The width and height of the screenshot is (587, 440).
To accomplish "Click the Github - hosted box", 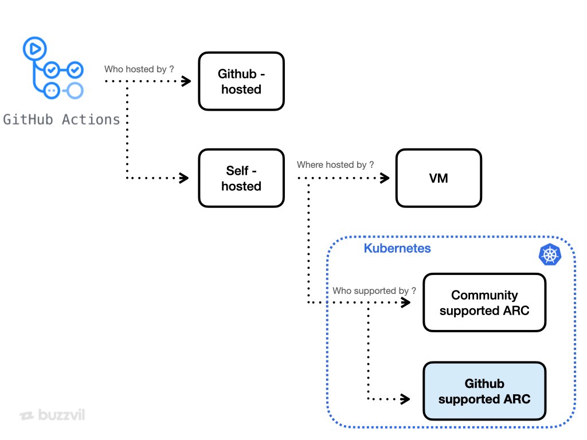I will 241,81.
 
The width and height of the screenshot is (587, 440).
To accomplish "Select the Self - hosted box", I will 241,178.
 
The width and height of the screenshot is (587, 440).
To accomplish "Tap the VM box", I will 439,178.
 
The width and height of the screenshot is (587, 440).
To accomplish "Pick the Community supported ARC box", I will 484,302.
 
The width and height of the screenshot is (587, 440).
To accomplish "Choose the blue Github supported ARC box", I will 484,391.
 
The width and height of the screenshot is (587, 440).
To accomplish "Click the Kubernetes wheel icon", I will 550,255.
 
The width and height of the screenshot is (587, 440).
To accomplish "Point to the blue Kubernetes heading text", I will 397,249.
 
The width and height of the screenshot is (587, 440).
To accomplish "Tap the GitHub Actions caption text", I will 62,119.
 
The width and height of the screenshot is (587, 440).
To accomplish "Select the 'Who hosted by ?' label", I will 139,69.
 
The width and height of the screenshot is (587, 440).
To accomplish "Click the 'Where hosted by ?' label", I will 335,165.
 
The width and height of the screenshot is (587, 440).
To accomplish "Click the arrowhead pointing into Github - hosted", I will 186,81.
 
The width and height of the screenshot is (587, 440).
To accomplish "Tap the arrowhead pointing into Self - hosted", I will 185,178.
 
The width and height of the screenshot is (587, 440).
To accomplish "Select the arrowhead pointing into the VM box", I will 385,178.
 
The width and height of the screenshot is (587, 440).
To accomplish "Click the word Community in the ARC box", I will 484,295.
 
